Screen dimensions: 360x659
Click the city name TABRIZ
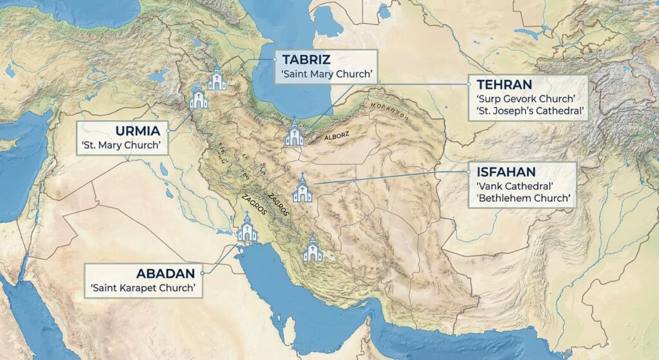point(306,60)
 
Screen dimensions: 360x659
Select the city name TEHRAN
point(504,84)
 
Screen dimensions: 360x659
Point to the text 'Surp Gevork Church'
point(525,99)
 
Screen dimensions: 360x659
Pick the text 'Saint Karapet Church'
point(143,287)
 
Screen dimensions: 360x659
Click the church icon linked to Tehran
point(294,133)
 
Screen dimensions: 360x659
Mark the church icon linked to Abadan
point(246,229)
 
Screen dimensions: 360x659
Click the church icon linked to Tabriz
point(217,79)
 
